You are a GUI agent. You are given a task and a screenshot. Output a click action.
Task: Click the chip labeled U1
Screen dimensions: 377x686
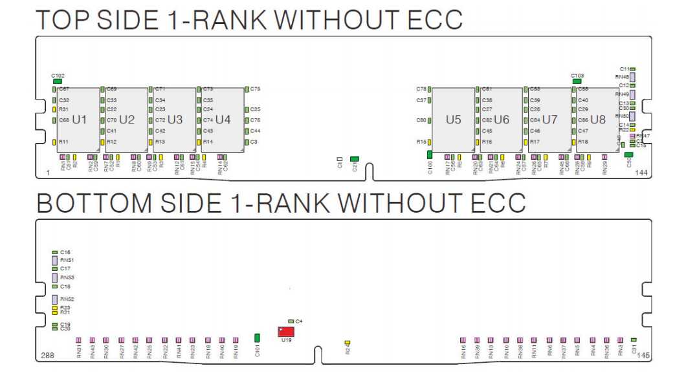click(78, 120)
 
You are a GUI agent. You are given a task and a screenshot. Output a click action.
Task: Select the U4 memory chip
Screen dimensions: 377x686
click(222, 120)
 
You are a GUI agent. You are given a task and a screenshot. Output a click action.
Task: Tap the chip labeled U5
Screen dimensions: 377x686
click(453, 120)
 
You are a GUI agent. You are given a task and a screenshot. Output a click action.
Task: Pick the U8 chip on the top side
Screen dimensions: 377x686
click(597, 120)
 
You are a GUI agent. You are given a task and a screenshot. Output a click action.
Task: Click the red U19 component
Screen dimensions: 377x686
click(286, 332)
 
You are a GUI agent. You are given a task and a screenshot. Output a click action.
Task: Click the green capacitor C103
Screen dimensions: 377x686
click(577, 81)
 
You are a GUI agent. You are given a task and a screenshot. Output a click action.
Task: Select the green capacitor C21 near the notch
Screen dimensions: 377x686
click(354, 158)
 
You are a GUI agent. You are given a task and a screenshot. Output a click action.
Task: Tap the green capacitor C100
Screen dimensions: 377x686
click(429, 154)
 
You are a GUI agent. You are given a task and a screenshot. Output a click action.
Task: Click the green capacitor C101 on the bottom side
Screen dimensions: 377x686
click(258, 337)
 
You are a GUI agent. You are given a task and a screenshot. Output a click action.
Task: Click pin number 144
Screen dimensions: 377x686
click(641, 173)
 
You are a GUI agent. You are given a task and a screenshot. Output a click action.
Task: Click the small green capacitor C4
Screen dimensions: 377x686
click(291, 321)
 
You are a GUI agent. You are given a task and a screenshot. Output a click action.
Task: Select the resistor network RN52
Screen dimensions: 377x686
click(55, 299)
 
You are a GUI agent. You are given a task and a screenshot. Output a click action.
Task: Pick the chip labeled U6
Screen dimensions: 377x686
click(502, 120)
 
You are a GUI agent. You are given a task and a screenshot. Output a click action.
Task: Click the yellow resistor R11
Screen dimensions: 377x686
click(54, 142)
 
